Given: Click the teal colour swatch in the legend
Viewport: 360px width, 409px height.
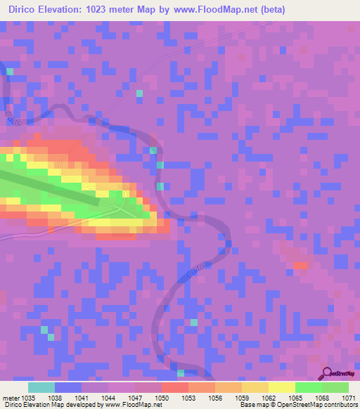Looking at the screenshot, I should click(x=41, y=387).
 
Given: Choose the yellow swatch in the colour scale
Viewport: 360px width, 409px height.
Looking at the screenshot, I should click(x=281, y=387).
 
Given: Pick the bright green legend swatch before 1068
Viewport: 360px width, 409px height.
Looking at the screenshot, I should click(x=308, y=387).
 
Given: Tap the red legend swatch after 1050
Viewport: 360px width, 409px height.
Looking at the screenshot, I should click(x=174, y=387).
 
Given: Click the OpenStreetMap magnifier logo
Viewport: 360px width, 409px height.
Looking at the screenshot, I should click(x=327, y=374).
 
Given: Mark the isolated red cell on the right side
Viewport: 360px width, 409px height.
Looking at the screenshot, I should click(x=301, y=266).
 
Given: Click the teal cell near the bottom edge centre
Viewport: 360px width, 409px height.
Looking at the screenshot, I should click(x=181, y=372).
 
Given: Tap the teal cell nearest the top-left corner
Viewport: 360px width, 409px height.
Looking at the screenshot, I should click(x=10, y=71).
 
